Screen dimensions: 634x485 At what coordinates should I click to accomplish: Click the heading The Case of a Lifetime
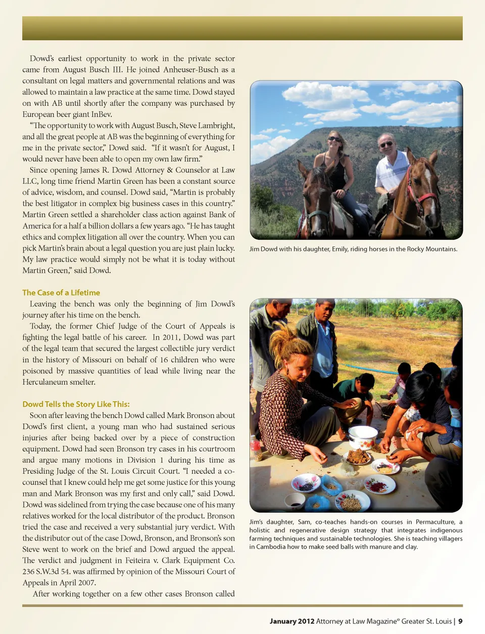point(61,292)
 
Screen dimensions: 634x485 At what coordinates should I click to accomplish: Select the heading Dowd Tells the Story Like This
point(76,404)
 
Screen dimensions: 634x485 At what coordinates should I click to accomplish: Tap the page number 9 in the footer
point(460,621)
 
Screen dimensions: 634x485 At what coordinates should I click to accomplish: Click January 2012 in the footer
point(292,621)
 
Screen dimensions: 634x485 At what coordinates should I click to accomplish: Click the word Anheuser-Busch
point(193,70)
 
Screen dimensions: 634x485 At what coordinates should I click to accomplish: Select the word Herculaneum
point(45,382)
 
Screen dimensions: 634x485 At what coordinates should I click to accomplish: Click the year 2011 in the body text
point(173,337)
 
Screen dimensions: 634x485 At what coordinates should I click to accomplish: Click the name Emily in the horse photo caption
point(339,249)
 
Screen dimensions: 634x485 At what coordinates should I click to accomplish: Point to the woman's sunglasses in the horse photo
point(334,139)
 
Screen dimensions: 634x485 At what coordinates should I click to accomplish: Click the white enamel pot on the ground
point(362,436)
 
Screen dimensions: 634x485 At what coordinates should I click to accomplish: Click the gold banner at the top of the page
point(243,28)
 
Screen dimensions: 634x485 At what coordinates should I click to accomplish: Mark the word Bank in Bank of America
point(218,215)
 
